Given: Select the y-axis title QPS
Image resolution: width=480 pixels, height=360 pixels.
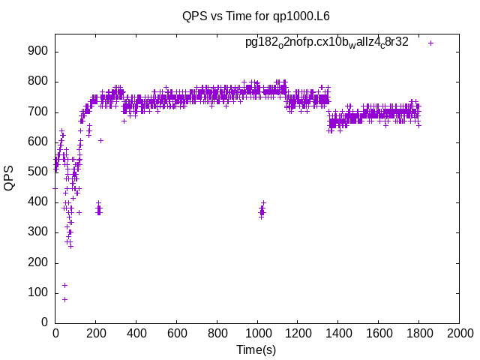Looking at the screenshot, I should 9,178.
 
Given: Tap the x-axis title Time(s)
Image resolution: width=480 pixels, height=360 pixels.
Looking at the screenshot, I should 256,349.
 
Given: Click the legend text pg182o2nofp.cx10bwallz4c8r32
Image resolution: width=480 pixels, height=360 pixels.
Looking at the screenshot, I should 327,42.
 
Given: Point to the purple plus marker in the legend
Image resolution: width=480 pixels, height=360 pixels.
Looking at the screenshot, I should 431,43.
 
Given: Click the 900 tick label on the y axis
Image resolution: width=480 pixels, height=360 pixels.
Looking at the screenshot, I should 38,51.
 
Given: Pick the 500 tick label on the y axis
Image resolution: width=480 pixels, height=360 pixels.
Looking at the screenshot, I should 38,172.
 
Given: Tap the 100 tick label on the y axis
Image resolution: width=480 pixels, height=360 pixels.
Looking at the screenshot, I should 38,292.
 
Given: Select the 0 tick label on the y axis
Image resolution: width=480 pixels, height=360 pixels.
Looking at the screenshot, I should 45,322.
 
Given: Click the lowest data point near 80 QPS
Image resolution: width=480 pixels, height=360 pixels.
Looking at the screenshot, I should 64,299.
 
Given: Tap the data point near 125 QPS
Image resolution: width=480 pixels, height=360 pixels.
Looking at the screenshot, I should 64,285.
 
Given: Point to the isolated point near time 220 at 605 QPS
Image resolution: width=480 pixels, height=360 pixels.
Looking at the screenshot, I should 100,140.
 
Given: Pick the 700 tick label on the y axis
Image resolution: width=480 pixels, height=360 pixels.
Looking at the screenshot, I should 38,112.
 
